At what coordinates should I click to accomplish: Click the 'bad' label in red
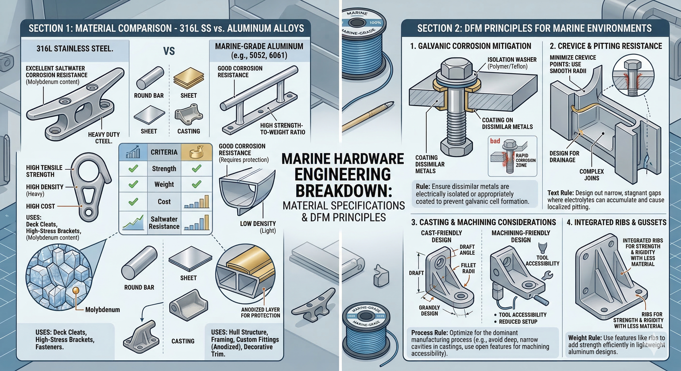tap(495, 141)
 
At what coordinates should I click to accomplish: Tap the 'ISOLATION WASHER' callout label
tap(512, 63)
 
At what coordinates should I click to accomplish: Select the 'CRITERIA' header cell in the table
tap(164, 152)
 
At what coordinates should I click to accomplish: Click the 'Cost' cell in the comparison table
tap(164, 202)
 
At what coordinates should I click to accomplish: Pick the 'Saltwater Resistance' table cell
tap(164, 223)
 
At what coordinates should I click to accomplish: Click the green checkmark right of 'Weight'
tap(196, 184)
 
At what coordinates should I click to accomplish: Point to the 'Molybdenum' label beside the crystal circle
tap(102, 310)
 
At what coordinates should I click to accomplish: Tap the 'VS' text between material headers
tap(169, 51)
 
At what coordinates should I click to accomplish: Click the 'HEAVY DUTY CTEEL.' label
tap(104, 138)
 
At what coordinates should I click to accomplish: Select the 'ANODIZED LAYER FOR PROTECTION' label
tap(260, 313)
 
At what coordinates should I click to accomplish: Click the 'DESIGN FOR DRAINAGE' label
tap(564, 156)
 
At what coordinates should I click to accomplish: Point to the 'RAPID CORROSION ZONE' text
tap(525, 160)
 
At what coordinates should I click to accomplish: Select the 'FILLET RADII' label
tap(468, 268)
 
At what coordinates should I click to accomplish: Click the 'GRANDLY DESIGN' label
tap(429, 310)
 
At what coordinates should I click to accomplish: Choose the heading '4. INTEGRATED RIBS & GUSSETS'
tap(616, 222)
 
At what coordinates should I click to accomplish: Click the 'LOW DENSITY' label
tap(258, 227)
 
